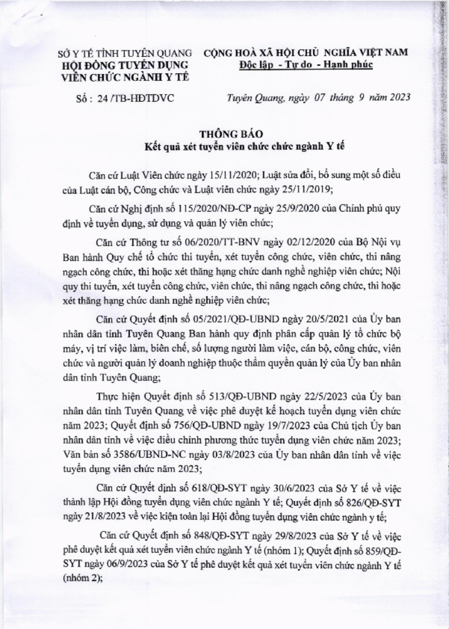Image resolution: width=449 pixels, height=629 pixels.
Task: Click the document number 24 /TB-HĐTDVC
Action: (x=138, y=97)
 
